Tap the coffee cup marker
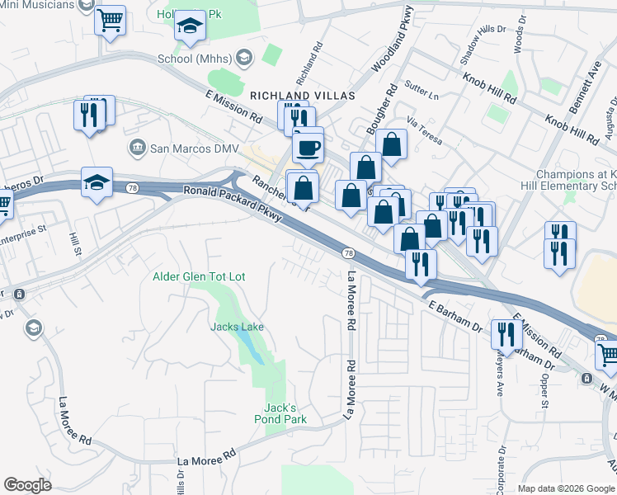(308, 148)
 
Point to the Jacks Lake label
(237, 327)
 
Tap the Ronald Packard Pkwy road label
(233, 206)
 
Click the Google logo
(28, 485)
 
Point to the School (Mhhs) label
(195, 59)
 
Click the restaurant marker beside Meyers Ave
(506, 334)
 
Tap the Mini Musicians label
(38, 5)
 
